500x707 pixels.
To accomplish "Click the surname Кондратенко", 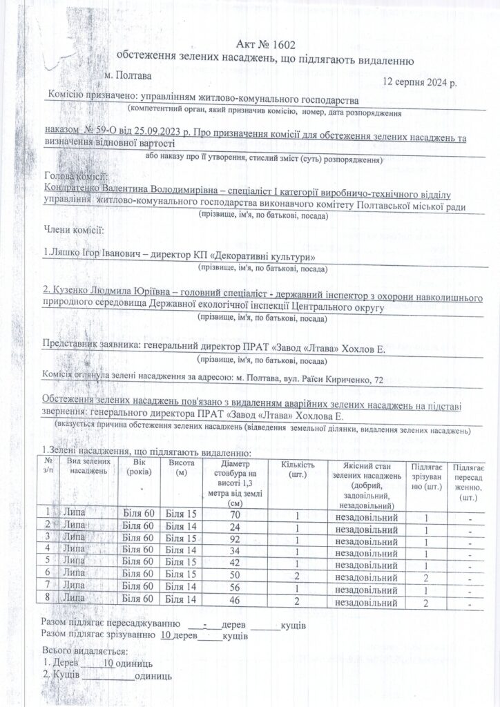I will [75, 187].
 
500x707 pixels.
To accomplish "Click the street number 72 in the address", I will [378, 380].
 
